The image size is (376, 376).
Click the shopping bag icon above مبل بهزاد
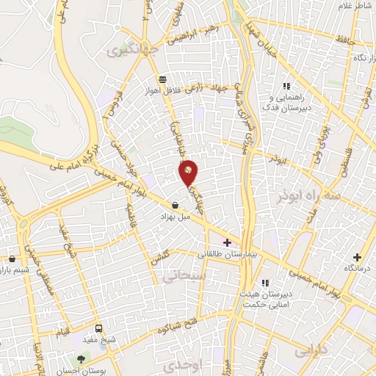[x=175, y=205]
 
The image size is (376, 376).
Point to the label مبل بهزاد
[x=176, y=217]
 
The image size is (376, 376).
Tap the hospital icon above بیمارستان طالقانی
[x=228, y=242]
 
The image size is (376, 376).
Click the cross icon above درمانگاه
[x=358, y=257]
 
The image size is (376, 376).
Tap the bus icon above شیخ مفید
[x=100, y=329]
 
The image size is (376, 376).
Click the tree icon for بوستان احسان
[x=81, y=358]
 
